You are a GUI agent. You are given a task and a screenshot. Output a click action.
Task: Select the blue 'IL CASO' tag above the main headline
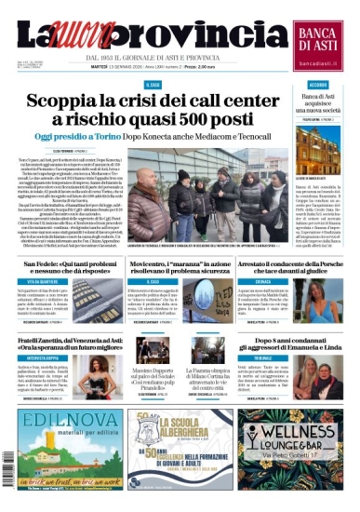154,85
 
